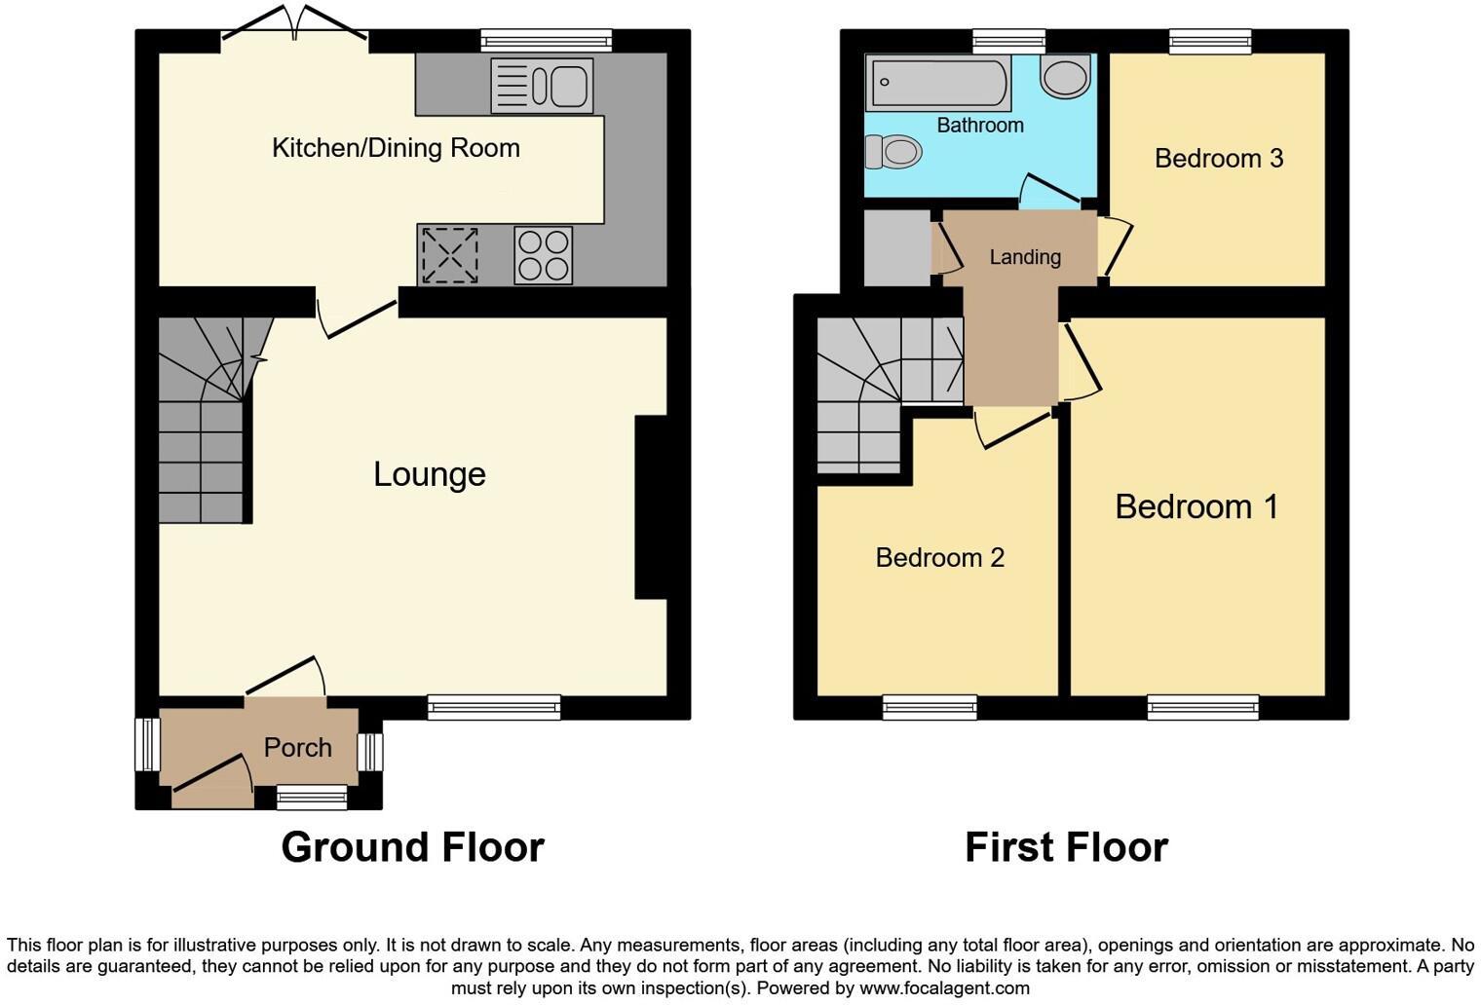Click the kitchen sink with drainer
(x=542, y=86)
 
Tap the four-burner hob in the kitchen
(x=543, y=255)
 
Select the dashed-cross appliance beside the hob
(x=448, y=255)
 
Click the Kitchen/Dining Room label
(x=396, y=148)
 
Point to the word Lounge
(x=430, y=474)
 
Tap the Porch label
(x=297, y=748)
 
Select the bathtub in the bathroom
(x=938, y=84)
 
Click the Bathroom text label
(x=979, y=126)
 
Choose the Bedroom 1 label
(x=1196, y=507)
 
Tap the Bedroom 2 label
(x=939, y=558)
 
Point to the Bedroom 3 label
(x=1218, y=159)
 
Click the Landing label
(x=1024, y=257)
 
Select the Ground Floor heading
(x=412, y=847)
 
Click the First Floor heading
(x=1066, y=847)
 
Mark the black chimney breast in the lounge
(x=650, y=507)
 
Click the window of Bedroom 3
(x=1210, y=41)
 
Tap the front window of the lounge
(x=494, y=707)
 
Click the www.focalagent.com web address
(x=943, y=988)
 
